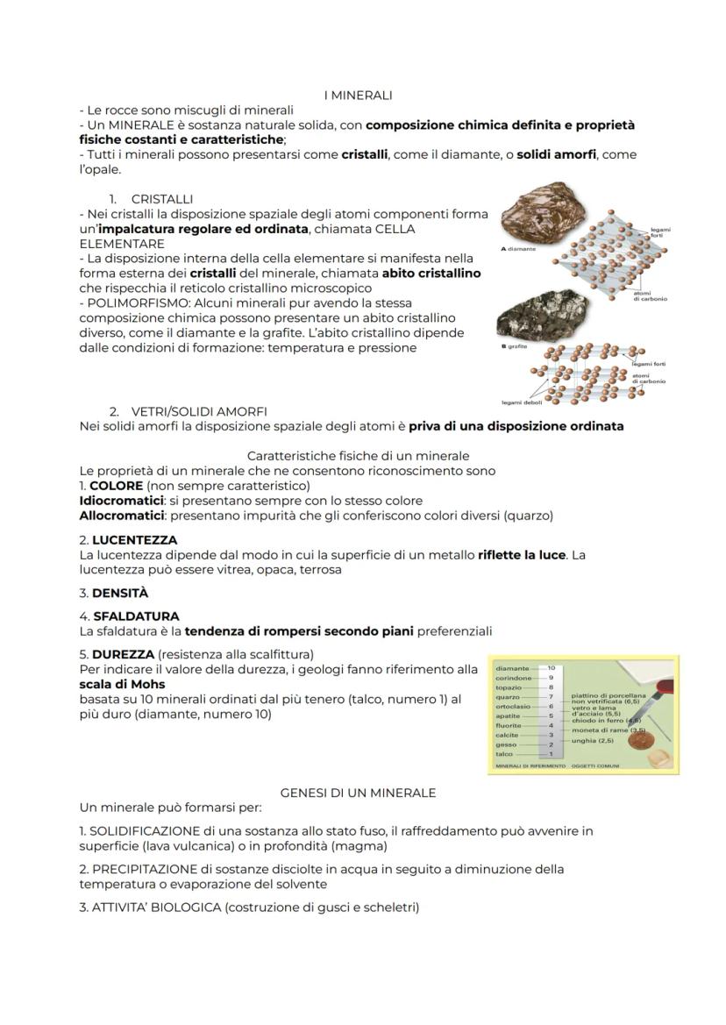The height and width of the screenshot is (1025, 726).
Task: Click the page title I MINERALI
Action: (x=358, y=95)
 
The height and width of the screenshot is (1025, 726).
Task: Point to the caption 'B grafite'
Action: (x=514, y=346)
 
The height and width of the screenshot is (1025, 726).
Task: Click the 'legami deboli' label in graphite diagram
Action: (x=522, y=402)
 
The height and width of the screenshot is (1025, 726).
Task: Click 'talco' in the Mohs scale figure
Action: (x=505, y=754)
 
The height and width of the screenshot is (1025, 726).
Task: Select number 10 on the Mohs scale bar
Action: (x=551, y=668)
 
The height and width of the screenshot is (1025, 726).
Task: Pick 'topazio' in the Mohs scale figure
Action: (x=509, y=687)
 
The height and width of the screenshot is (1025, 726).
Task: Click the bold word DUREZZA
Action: (x=123, y=654)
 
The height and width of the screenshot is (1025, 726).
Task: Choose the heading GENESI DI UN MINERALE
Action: (x=358, y=793)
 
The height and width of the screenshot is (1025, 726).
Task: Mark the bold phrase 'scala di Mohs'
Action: (x=122, y=684)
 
